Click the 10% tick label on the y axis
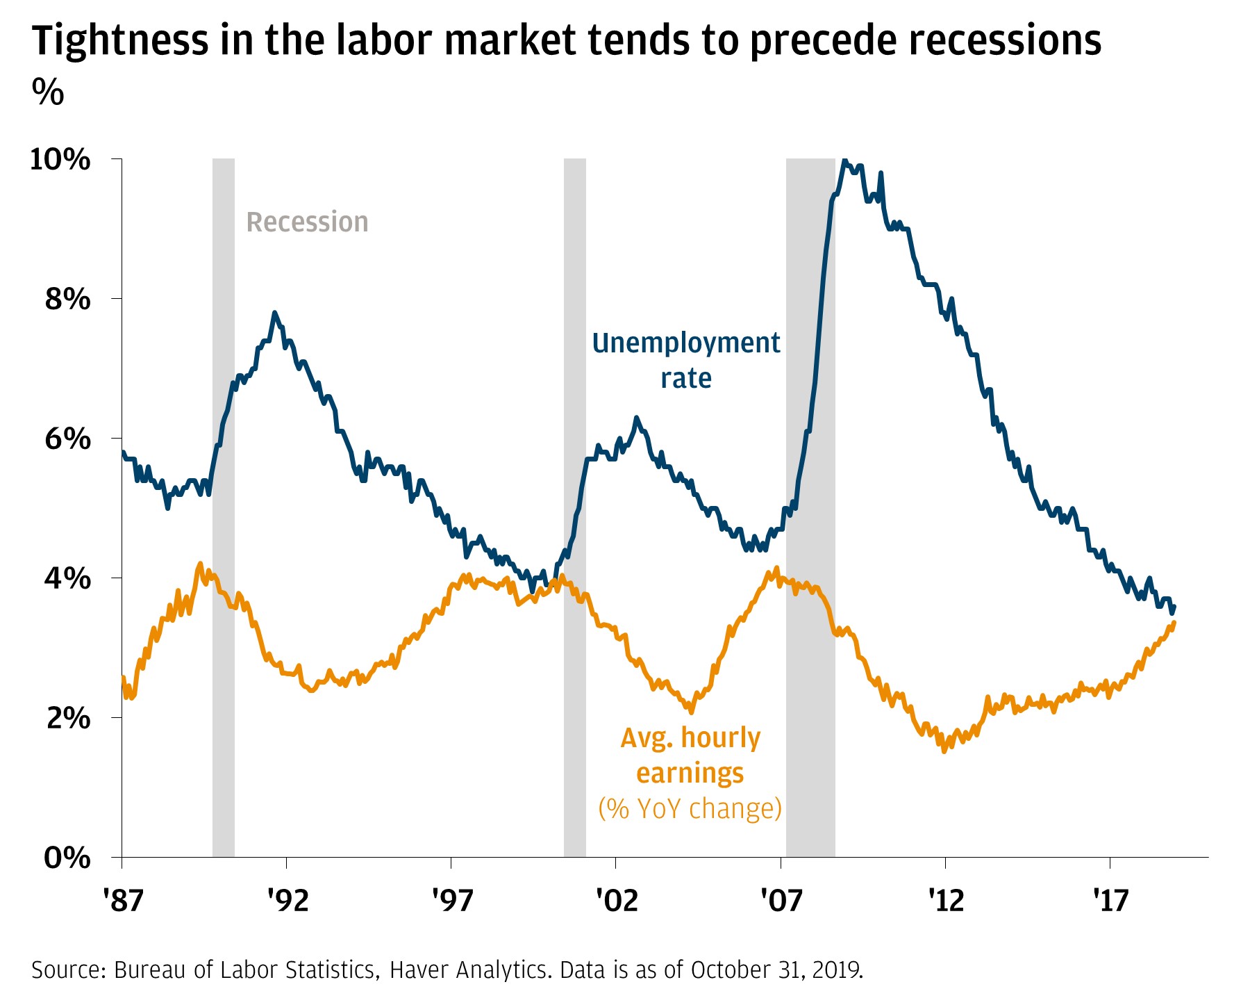pos(60,160)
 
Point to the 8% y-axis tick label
pos(68,300)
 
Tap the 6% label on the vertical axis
pos(68,439)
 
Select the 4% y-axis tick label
pos(68,579)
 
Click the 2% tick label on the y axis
pos(68,719)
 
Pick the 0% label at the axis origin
pos(68,858)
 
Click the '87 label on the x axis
pos(123,901)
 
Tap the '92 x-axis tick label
pos(287,901)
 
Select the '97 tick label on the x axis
pos(451,901)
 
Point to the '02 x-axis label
pos(616,901)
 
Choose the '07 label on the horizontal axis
pos(781,901)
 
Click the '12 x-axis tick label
pos(946,901)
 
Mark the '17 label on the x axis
pos(1110,901)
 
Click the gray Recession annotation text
pos(307,222)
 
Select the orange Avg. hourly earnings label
pos(690,755)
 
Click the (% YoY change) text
pos(690,808)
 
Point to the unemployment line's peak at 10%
pos(844,161)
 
